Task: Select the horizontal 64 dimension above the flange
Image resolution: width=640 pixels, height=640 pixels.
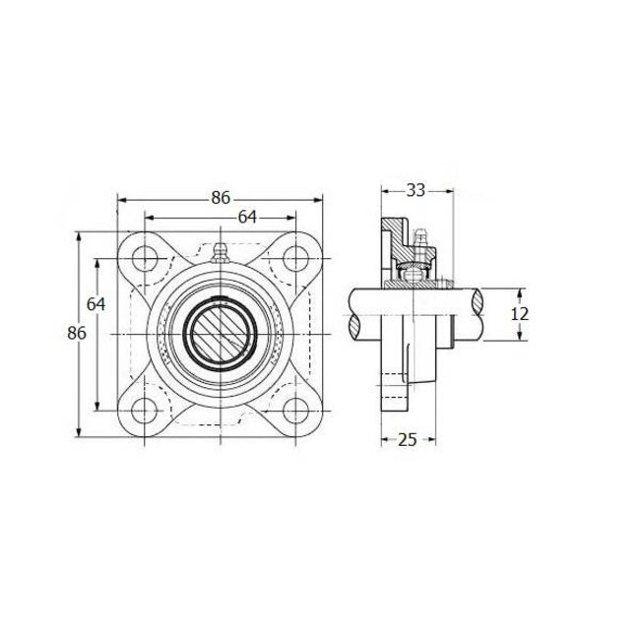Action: tap(248, 217)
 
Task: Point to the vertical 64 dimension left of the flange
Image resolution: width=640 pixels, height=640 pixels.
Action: tap(96, 303)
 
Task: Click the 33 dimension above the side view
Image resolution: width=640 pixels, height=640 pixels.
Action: tap(416, 190)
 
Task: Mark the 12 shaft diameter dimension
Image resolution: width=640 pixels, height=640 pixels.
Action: tap(521, 313)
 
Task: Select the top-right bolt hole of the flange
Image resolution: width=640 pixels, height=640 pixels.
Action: tap(294, 259)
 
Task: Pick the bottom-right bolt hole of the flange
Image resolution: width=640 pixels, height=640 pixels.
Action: tap(294, 411)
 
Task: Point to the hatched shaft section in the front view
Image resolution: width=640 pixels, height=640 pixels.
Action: tap(221, 334)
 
